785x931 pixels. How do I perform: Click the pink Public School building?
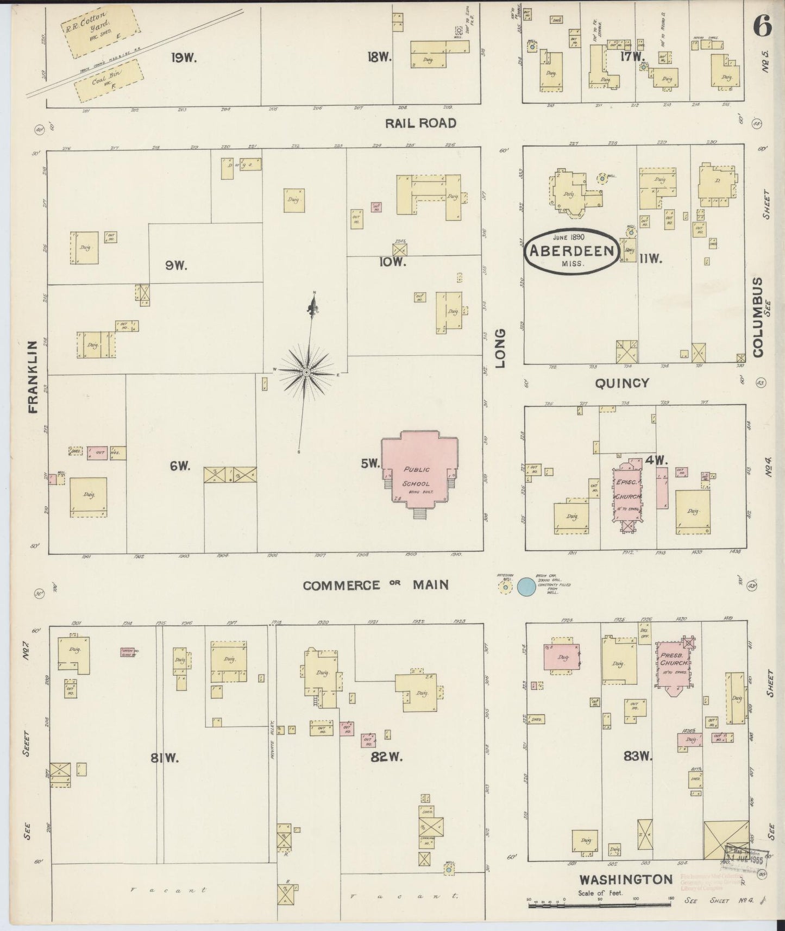[x=417, y=473]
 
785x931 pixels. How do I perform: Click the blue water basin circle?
[x=525, y=586]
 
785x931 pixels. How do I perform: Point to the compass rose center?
[x=306, y=372]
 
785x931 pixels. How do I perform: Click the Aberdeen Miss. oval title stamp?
[x=572, y=250]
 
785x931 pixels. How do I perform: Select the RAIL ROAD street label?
[x=420, y=123]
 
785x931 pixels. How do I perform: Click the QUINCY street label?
[x=622, y=383]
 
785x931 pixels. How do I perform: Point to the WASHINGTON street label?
[x=626, y=879]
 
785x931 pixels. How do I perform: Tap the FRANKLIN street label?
[x=33, y=378]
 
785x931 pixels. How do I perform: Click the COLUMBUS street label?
[x=758, y=318]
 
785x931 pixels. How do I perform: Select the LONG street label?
[x=500, y=348]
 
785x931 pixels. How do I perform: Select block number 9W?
[x=177, y=266]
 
